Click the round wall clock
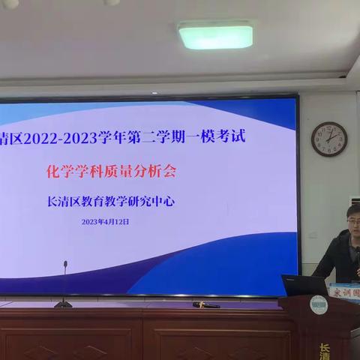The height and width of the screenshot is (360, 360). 328,139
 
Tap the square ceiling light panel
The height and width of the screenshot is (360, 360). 215,35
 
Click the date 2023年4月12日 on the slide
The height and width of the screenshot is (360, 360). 106,221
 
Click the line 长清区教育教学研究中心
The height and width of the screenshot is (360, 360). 124,200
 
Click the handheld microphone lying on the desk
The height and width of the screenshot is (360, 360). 205,304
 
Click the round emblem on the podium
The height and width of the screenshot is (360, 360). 318,304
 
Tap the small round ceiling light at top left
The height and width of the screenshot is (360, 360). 10,4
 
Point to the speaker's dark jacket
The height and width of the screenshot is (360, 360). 337,259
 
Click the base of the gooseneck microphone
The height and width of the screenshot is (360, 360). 63,304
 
